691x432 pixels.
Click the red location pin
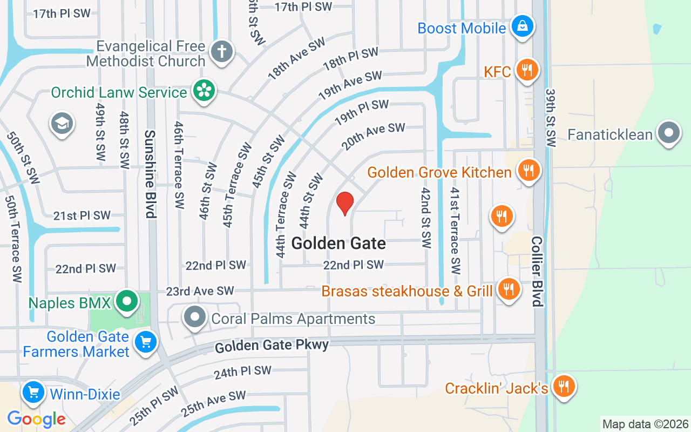[x=345, y=203]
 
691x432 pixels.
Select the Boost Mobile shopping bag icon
[x=523, y=26]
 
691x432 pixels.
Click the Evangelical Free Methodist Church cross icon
[x=222, y=52]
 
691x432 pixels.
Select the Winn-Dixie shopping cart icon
[x=33, y=393]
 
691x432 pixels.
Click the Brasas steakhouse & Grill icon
[x=508, y=289]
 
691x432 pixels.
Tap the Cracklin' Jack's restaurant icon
[x=564, y=387]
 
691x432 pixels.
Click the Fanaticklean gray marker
[x=669, y=133]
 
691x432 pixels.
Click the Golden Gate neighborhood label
[x=338, y=244]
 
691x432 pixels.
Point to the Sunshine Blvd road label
[x=151, y=174]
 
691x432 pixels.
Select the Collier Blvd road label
[x=537, y=271]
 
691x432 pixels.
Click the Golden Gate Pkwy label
[x=272, y=346]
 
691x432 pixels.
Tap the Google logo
[x=36, y=419]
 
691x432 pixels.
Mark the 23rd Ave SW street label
[x=200, y=291]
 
